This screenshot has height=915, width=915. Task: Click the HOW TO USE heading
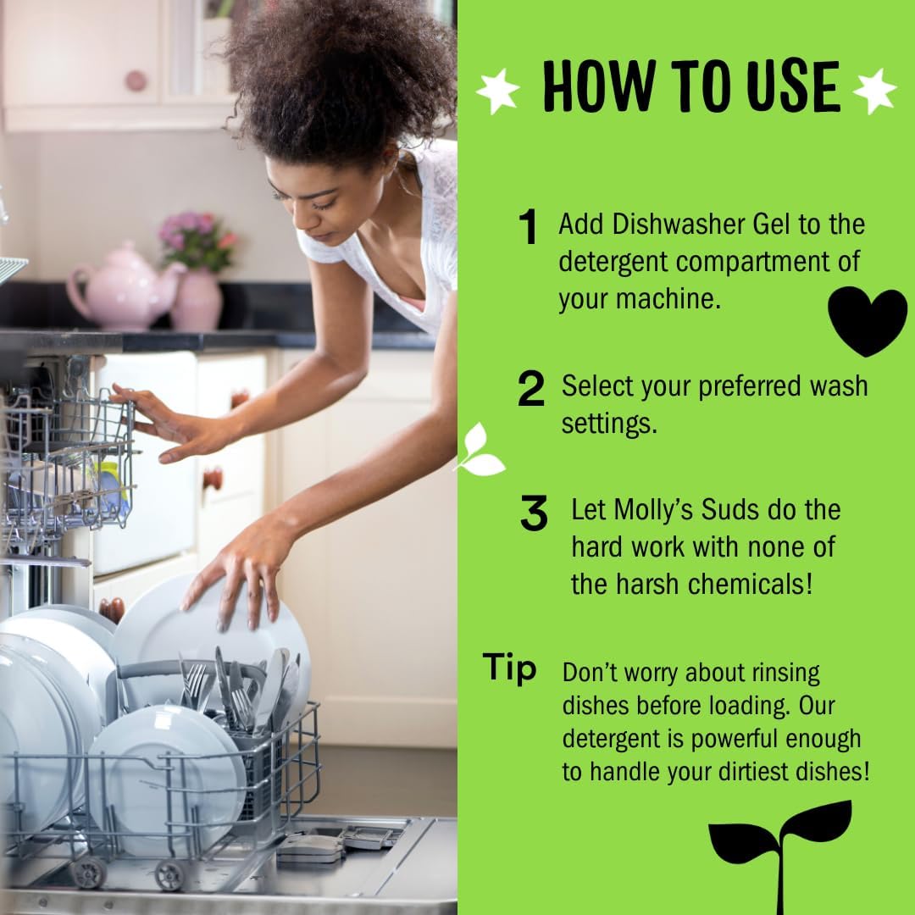click(x=690, y=86)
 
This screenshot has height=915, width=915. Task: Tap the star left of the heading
click(x=498, y=91)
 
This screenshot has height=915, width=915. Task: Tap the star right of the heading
click(x=874, y=91)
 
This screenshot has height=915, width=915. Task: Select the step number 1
click(x=530, y=228)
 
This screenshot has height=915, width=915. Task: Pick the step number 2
click(x=531, y=389)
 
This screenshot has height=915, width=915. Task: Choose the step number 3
click(x=534, y=514)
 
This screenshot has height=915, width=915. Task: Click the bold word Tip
click(x=510, y=668)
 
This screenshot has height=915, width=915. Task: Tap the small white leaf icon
click(x=480, y=451)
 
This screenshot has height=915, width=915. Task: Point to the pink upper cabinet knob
click(x=136, y=80)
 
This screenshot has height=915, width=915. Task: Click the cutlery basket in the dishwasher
click(x=254, y=746)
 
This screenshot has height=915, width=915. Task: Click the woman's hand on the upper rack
click(x=174, y=428)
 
